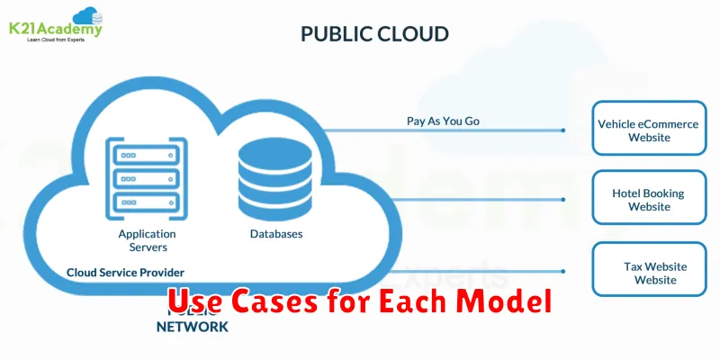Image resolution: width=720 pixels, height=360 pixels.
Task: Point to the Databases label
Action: (275, 234)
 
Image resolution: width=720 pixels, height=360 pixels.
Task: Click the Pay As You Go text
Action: (444, 121)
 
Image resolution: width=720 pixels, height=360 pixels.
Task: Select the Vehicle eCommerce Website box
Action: (648, 130)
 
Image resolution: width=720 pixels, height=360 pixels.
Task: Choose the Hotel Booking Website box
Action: (648, 200)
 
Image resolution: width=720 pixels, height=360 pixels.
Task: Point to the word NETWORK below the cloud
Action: (193, 327)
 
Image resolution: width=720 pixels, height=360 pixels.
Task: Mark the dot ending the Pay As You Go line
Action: (563, 130)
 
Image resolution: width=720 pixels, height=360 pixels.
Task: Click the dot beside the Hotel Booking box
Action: (563, 200)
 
